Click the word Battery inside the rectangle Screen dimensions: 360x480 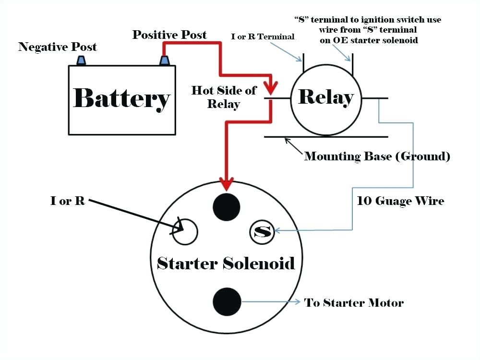point(121,98)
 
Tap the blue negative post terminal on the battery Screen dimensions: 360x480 point(81,60)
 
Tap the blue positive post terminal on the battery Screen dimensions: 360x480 point(165,60)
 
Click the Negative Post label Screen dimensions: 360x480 point(58,47)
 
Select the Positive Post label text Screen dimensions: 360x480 point(169,35)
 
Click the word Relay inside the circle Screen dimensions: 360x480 point(325,97)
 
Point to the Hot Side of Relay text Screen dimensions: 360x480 point(224,97)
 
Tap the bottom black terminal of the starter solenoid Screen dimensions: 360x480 point(226,301)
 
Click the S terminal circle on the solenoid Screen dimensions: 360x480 point(262,232)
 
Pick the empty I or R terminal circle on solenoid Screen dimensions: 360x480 point(185,232)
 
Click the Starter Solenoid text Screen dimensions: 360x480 point(226,263)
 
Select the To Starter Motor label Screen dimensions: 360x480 point(354,303)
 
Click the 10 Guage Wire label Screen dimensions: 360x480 point(400,201)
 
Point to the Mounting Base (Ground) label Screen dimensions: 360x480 point(377,156)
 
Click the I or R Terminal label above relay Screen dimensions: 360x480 point(263,37)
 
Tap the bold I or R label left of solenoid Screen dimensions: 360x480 point(68,201)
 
